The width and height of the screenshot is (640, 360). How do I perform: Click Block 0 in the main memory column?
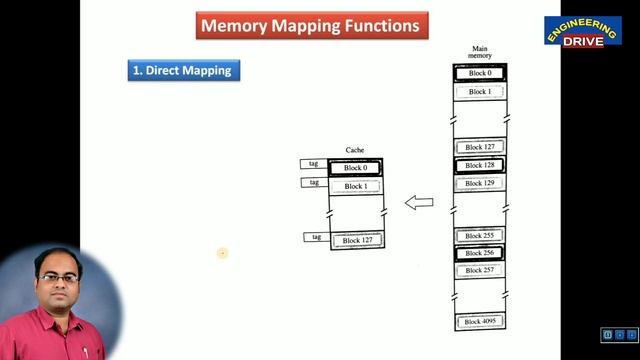click(480, 73)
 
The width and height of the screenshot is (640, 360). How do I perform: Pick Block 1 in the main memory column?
click(480, 91)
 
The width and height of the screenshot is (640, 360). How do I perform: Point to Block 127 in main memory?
click(480, 147)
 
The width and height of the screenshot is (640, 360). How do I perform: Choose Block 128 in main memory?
click(480, 165)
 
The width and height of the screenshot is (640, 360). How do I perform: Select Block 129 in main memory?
click(480, 183)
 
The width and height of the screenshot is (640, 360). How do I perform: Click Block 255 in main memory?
click(480, 236)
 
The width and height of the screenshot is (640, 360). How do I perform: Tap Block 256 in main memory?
click(480, 253)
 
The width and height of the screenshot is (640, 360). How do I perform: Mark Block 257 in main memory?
click(480, 270)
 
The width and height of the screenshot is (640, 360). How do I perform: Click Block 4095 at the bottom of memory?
click(480, 321)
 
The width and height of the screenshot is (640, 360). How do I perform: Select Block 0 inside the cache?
click(355, 168)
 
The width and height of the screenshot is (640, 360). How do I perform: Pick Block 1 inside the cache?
click(355, 186)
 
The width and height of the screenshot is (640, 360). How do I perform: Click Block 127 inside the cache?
click(356, 240)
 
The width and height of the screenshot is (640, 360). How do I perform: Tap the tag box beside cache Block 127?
click(316, 237)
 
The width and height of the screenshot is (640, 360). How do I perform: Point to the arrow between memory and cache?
click(419, 203)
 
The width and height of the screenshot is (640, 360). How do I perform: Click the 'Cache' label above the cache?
click(355, 150)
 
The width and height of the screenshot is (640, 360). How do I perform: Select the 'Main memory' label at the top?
click(480, 53)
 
